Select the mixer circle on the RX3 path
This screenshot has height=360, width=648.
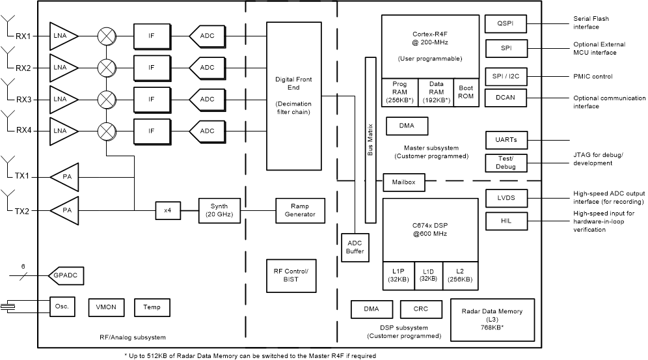105,100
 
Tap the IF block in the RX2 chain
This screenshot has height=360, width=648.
151,68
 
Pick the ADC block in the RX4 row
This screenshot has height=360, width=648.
206,131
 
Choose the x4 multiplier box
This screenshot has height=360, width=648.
168,210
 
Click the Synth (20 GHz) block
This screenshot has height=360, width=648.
215,210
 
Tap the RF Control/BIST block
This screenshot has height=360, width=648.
291,275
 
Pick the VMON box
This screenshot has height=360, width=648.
105,307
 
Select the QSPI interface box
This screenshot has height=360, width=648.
506,24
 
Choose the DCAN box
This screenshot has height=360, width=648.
506,98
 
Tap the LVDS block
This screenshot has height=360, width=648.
506,197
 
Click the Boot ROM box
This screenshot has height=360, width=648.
465,92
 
